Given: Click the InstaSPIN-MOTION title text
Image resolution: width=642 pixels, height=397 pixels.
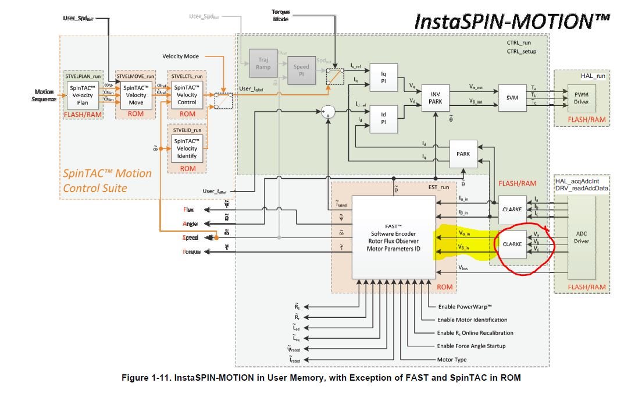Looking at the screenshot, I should [511, 21].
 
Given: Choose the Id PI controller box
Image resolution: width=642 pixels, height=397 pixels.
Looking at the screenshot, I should [383, 118].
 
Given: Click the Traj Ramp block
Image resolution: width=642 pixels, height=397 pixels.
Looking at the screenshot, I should [263, 63].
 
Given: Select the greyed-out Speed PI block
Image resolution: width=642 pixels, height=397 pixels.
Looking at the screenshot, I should [301, 70].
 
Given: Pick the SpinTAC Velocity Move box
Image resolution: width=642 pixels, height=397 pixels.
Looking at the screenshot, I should [136, 95].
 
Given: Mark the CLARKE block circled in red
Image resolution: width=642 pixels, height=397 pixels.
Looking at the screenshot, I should [511, 244].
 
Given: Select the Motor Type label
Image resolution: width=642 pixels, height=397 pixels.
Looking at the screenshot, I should [452, 359].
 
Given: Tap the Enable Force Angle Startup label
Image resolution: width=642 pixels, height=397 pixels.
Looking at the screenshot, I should [471, 346].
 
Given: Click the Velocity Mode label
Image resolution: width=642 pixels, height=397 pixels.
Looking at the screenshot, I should [180, 56].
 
